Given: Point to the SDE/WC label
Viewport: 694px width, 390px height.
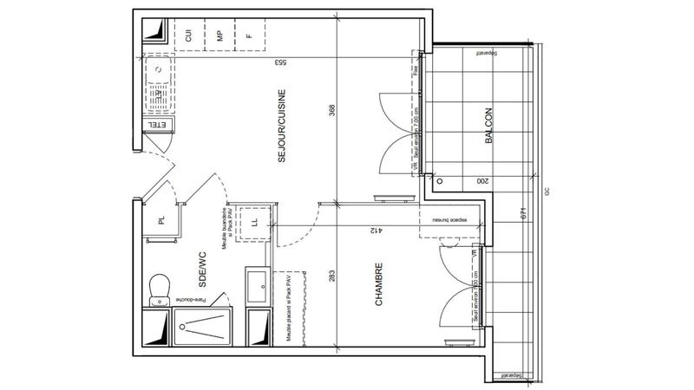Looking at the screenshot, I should click(202, 270).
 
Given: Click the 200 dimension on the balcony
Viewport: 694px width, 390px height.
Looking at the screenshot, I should click(482, 181).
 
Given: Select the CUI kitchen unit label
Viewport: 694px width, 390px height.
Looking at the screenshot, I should click(188, 36).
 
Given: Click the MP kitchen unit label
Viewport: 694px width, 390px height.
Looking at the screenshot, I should click(220, 36).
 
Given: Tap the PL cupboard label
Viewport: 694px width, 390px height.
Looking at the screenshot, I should click(161, 220).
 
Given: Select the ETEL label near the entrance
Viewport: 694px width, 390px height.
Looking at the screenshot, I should click(157, 126).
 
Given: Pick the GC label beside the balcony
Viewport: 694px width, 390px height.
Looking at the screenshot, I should click(547, 193).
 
